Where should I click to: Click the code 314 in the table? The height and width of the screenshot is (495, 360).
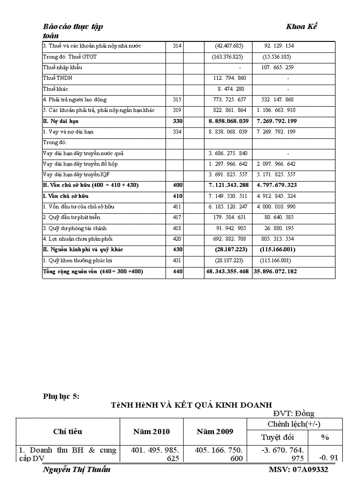pos(174,46)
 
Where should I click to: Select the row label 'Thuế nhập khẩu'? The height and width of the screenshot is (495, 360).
pos(62,67)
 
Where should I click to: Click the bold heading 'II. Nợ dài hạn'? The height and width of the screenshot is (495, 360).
pos(61,121)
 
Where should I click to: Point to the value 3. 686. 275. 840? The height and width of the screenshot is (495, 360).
pos(228,153)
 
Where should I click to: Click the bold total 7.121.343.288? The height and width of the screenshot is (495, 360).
pos(228,186)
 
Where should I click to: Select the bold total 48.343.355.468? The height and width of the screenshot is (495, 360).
pos(227,272)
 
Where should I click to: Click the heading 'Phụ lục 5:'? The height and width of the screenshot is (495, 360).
pos(61,396)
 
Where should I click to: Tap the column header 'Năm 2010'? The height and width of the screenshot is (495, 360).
pos(151,432)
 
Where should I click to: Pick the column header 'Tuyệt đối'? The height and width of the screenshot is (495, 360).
pos(277,437)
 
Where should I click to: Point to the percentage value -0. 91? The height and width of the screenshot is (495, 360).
pos(328,458)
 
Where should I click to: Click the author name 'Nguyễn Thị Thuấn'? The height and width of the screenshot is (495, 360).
pos(76,469)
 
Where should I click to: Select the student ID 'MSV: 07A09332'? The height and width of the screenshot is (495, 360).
pos(298,469)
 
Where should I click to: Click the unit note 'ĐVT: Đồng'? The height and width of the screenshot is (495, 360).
pos(294,413)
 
